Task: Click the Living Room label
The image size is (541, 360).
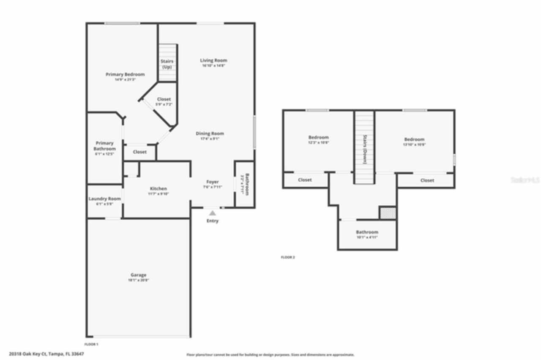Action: [213, 60]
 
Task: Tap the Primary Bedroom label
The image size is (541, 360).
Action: [125, 75]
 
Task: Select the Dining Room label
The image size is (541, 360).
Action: [210, 134]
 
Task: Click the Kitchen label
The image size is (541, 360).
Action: [158, 189]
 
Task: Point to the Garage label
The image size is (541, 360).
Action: [139, 275]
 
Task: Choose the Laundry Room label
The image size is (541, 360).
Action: [105, 199]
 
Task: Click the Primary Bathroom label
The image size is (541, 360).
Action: [104, 146]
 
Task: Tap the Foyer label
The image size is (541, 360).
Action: [212, 182]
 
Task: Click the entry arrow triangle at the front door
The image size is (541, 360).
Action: [213, 213]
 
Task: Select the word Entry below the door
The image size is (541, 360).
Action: [213, 221]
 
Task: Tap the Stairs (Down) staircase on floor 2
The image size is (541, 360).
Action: [364, 148]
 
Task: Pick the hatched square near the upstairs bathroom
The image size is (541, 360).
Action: [388, 213]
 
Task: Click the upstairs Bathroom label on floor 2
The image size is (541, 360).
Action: [367, 232]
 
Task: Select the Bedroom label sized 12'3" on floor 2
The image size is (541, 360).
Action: [318, 138]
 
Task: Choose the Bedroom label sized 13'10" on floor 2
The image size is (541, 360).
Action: [414, 140]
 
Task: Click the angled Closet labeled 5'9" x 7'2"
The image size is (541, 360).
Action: [164, 100]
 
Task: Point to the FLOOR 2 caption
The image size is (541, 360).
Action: [288, 257]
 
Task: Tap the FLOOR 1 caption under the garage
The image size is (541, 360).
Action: [92, 344]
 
